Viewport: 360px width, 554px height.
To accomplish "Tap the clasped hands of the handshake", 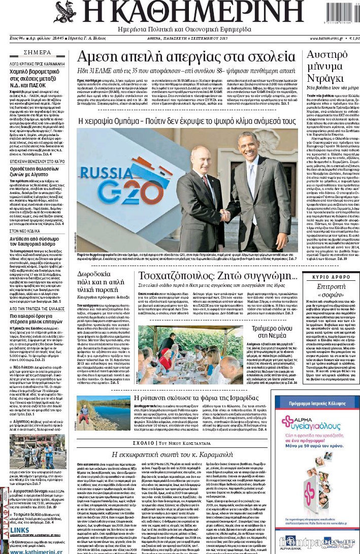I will [224, 215].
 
